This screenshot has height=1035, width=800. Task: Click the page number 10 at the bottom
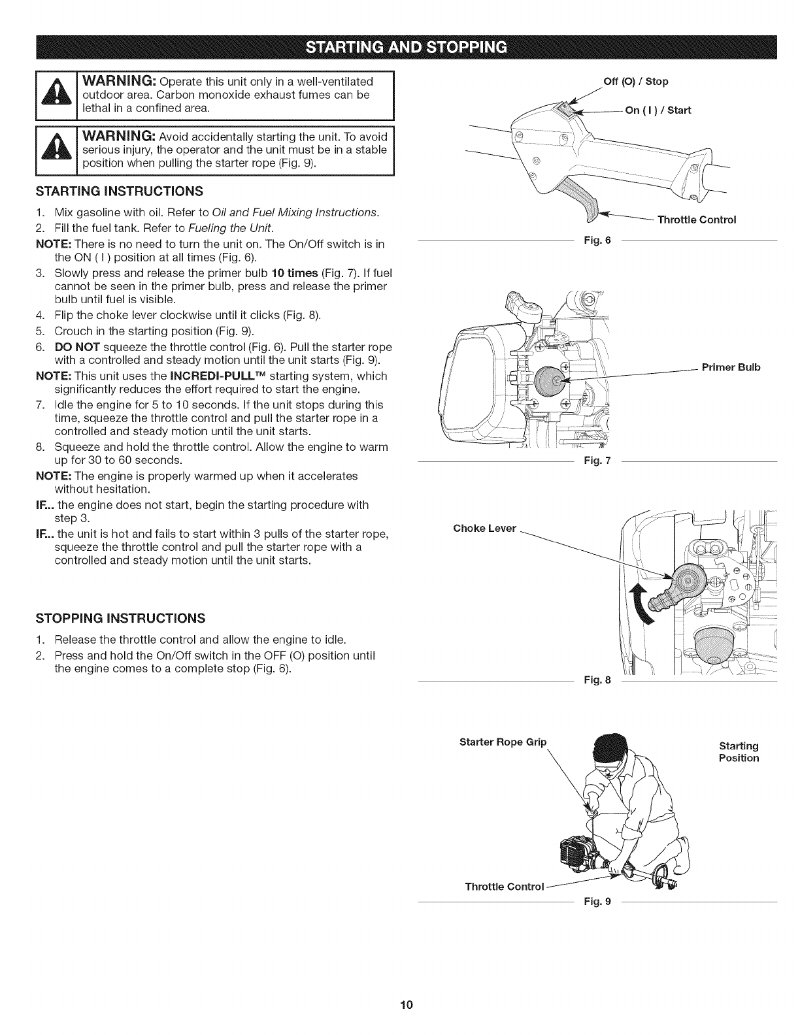coord(400,1005)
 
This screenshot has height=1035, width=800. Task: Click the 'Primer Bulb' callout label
coord(731,367)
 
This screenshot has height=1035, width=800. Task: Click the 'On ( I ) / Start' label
coord(658,110)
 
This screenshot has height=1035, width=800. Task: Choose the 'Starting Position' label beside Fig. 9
coord(739,751)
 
